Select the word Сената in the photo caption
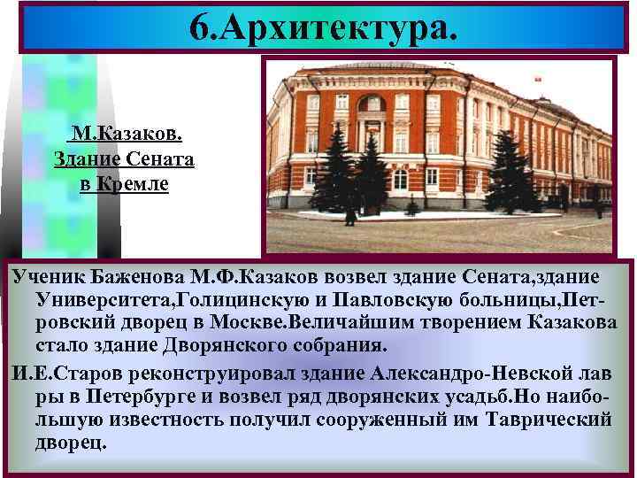click(162, 162)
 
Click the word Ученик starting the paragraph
click(47, 278)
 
